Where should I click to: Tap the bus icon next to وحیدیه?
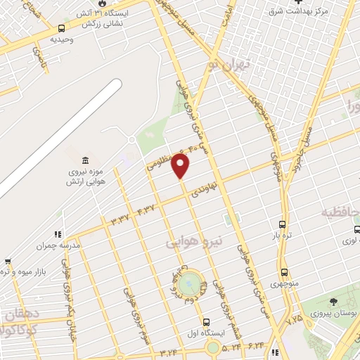pyautogui.click(x=62, y=29)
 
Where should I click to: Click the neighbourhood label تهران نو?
pyautogui.click(x=233, y=67)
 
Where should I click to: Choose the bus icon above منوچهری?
pyautogui.click(x=284, y=272)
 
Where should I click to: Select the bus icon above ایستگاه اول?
pyautogui.click(x=206, y=322)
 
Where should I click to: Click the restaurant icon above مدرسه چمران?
pyautogui.click(x=56, y=234)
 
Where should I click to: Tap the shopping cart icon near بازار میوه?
pyautogui.click(x=7, y=261)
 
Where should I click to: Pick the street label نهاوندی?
pyautogui.click(x=214, y=188)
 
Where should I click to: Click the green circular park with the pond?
pyautogui.click(x=188, y=285)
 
